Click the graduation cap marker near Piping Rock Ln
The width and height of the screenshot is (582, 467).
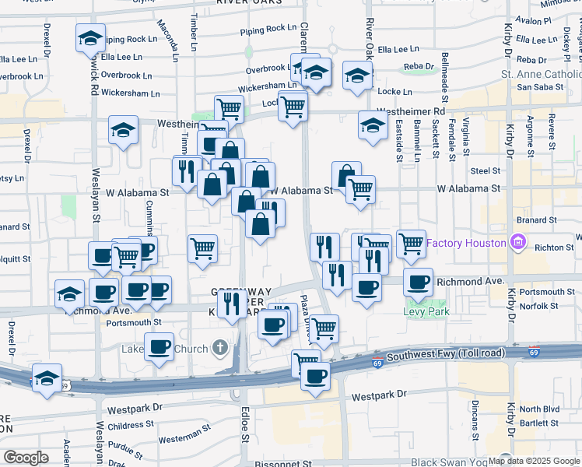point(90,37)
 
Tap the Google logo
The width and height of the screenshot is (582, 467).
point(26,458)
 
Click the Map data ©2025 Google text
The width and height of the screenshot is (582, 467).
point(534,461)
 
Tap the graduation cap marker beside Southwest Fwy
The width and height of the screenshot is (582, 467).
point(47,378)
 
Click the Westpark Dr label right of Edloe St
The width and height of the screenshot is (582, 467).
point(379,395)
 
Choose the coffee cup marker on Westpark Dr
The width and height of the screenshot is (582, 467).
point(315,377)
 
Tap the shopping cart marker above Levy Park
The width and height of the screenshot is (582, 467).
point(410,244)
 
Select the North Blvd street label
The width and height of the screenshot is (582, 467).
point(539,409)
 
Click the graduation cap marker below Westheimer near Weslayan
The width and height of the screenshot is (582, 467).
point(123,131)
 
